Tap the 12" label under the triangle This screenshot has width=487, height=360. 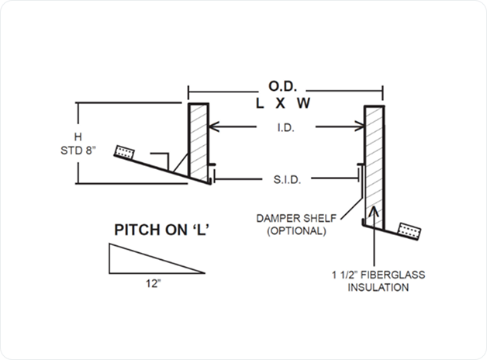coord(153,284)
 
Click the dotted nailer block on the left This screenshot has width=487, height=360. coord(124,150)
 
